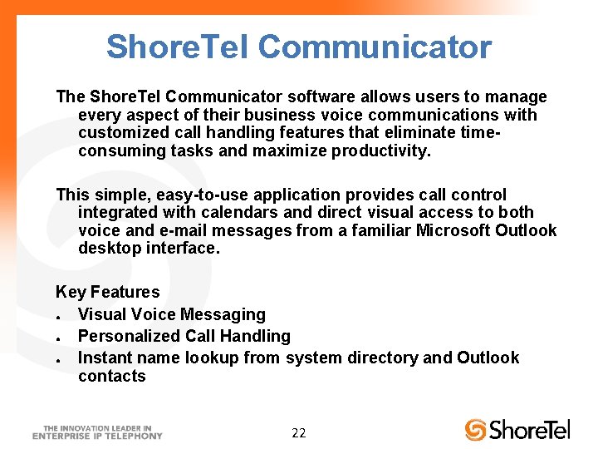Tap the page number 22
[299, 432]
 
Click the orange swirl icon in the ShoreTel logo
[475, 429]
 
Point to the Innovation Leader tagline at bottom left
[98, 431]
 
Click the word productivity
[381, 150]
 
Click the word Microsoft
[455, 230]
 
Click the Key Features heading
[107, 292]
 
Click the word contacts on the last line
[112, 376]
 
